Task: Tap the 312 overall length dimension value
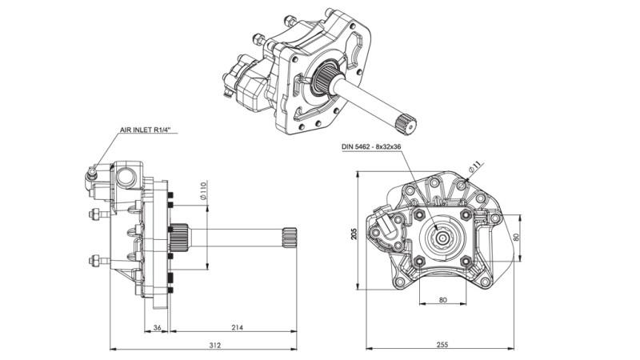coord(214,346)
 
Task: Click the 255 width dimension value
coord(442,346)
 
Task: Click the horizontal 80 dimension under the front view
coord(442,301)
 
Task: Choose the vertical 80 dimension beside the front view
coord(517,238)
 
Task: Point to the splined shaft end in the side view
coord(290,236)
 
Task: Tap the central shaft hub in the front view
coord(442,237)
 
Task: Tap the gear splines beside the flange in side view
coord(179,236)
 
